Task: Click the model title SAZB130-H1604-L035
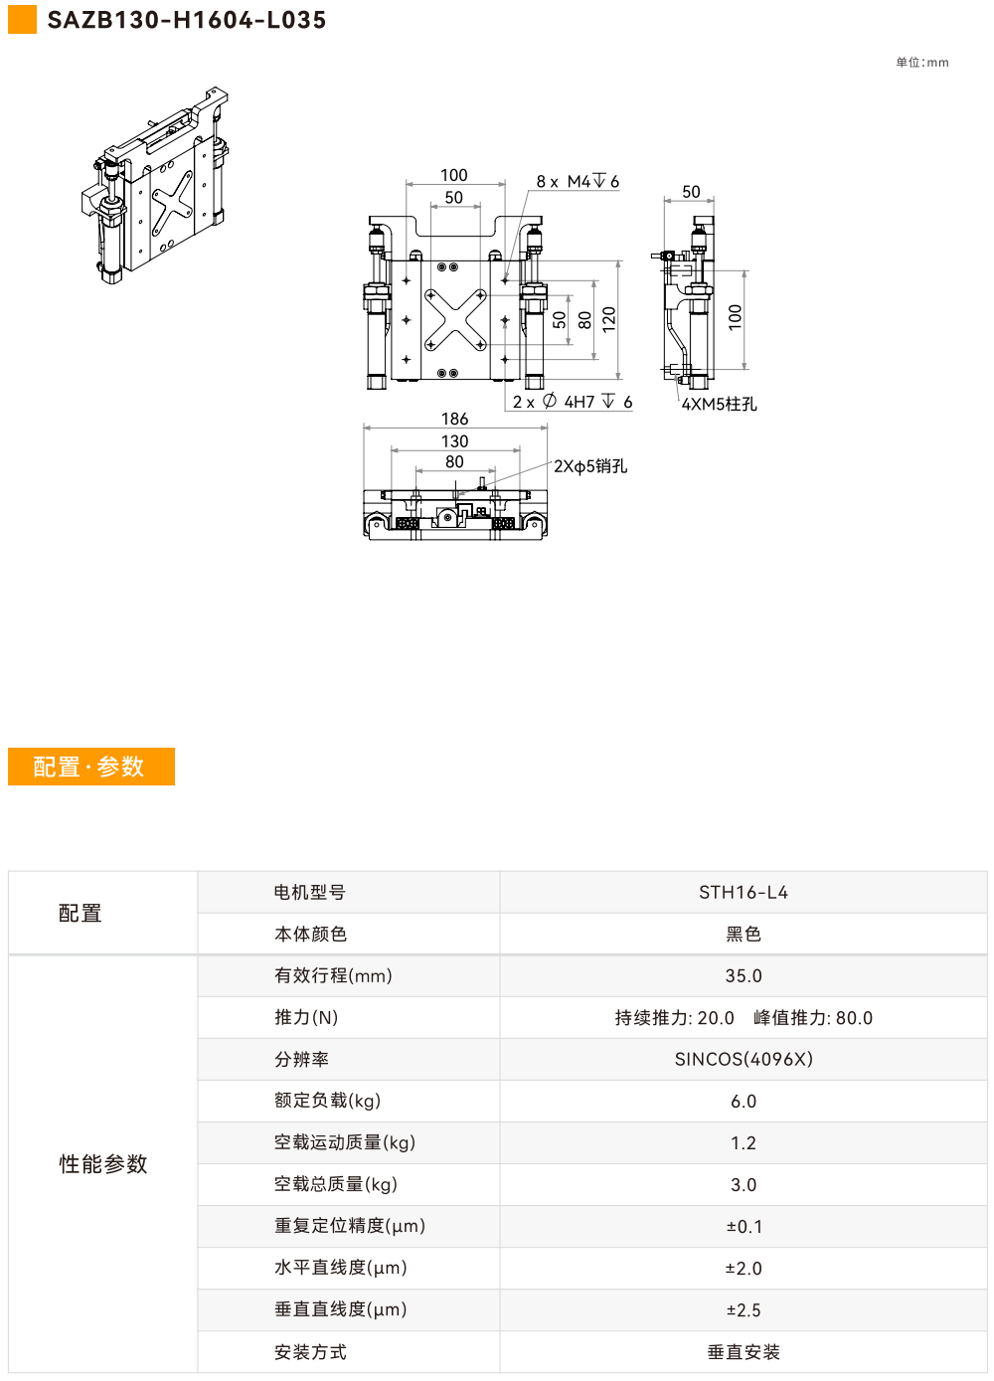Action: pyautogui.click(x=186, y=20)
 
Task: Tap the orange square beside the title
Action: pyautogui.click(x=22, y=20)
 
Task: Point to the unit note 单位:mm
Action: pyautogui.click(x=921, y=63)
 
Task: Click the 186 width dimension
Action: pyautogui.click(x=455, y=419)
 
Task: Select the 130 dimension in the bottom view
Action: pyautogui.click(x=455, y=440)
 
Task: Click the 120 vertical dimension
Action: pyautogui.click(x=609, y=319)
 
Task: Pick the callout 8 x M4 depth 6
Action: pyautogui.click(x=578, y=181)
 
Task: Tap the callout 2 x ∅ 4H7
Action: pyautogui.click(x=572, y=402)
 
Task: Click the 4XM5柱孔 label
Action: pyautogui.click(x=719, y=405)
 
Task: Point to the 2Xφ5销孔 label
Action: pyautogui.click(x=590, y=466)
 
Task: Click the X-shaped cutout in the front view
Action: pyautogui.click(x=455, y=320)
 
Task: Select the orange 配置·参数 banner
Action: pyautogui.click(x=91, y=767)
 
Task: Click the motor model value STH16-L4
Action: pyautogui.click(x=744, y=892)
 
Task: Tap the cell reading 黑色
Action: pyautogui.click(x=744, y=934)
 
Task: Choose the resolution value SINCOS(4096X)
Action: pyautogui.click(x=744, y=1059)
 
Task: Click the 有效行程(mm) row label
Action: pyautogui.click(x=333, y=975)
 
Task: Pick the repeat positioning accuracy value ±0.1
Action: pyautogui.click(x=744, y=1226)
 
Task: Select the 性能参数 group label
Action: pyautogui.click(x=103, y=1163)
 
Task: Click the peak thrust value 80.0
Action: pyautogui.click(x=854, y=1018)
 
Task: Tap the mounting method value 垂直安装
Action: pyautogui.click(x=744, y=1352)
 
